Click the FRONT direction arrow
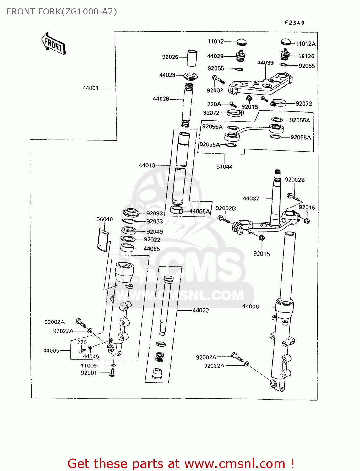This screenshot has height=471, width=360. (54, 44)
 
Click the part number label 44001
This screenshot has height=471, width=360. (90, 88)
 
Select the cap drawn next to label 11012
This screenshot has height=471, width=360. (241, 42)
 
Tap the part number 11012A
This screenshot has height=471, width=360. (305, 44)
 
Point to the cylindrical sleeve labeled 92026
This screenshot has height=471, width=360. (192, 58)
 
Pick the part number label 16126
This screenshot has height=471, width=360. (306, 56)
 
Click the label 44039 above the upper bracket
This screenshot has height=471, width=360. (265, 63)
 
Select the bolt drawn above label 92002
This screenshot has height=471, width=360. (218, 79)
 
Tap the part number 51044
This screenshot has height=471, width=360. (224, 167)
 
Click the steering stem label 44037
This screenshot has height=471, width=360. (251, 198)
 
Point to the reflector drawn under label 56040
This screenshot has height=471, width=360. (102, 240)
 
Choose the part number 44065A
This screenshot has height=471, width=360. (199, 211)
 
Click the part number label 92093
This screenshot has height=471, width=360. (155, 214)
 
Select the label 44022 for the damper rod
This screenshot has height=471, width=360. (200, 311)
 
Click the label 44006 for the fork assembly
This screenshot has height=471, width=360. (250, 306)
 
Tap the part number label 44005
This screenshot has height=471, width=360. (51, 351)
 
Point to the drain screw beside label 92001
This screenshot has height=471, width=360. (112, 373)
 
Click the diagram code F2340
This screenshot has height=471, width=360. (295, 23)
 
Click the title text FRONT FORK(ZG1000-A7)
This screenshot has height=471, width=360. (62, 12)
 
